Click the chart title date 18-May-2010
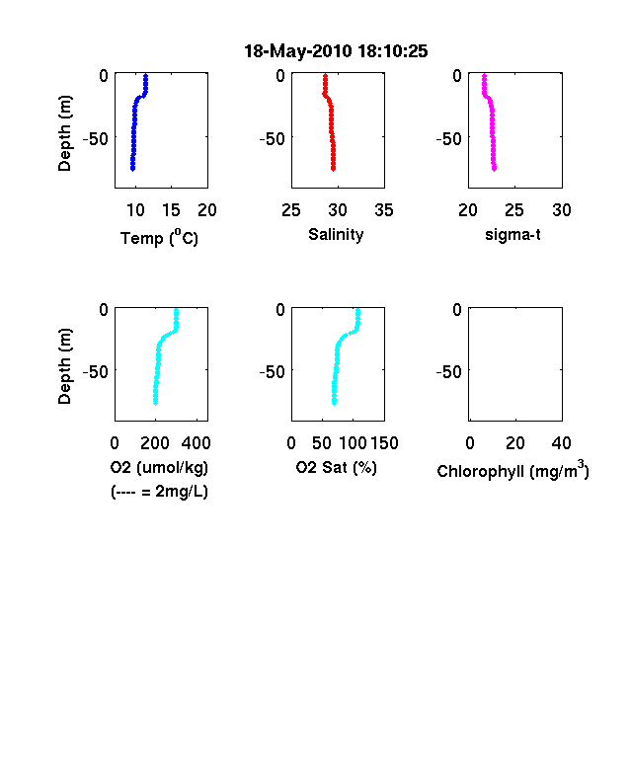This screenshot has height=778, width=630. [x=298, y=51]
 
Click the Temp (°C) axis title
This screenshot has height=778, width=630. [x=159, y=238]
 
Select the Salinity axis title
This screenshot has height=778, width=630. [x=336, y=235]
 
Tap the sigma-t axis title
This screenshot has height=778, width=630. [x=512, y=234]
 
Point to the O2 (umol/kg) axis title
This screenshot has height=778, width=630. [x=159, y=467]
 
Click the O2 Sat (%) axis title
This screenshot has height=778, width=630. [x=337, y=467]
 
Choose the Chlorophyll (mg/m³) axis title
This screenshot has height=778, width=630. [x=512, y=469]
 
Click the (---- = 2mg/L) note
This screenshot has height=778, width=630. [x=159, y=492]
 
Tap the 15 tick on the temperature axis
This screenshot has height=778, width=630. [x=171, y=210]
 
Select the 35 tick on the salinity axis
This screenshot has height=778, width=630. [x=384, y=210]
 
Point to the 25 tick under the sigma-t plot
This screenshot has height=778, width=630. [x=513, y=210]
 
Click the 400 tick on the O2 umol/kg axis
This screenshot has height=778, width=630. [x=196, y=443]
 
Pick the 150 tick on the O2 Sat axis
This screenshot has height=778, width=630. [x=384, y=443]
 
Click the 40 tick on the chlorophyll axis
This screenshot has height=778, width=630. [x=561, y=443]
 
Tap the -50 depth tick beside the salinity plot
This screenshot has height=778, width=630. [x=273, y=139]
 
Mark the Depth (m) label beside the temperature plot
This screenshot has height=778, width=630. [x=64, y=133]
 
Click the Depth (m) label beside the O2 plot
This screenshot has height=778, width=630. [x=64, y=366]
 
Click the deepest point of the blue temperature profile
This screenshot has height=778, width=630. [x=132, y=169]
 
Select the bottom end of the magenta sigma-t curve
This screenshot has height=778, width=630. [x=494, y=169]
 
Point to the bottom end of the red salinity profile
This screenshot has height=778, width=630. [x=334, y=169]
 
